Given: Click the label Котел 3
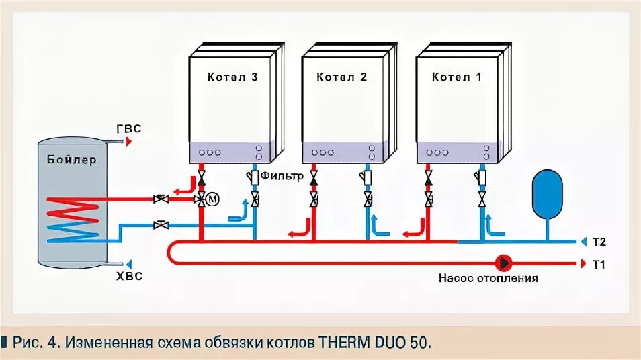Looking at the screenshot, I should point(232,77).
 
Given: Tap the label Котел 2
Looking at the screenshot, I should point(341,77).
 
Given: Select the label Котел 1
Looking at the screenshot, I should point(456,77).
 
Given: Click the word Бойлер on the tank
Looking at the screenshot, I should point(72,160).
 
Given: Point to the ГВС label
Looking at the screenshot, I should point(129,130).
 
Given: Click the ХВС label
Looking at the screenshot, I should point(129,275).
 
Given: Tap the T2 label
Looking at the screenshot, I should point(599,241).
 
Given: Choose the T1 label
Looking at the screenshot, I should point(599,264).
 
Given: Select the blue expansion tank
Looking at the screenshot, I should point(547,193).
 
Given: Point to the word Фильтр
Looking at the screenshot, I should point(282,176).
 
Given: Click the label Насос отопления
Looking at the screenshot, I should point(488,278).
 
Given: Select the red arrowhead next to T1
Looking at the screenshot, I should point(581,264).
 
